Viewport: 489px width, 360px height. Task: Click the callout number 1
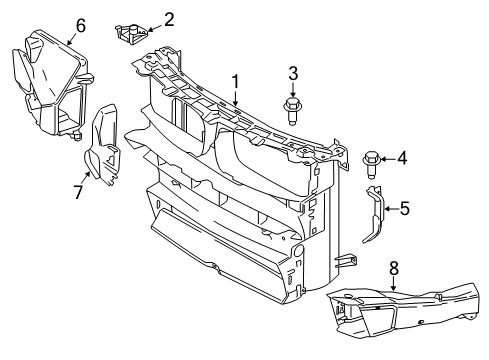(236, 80)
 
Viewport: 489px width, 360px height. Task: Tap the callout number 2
(169, 17)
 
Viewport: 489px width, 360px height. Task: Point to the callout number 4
(403, 157)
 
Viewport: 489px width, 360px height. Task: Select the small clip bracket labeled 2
(130, 34)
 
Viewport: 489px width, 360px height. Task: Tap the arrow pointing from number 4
(388, 157)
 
